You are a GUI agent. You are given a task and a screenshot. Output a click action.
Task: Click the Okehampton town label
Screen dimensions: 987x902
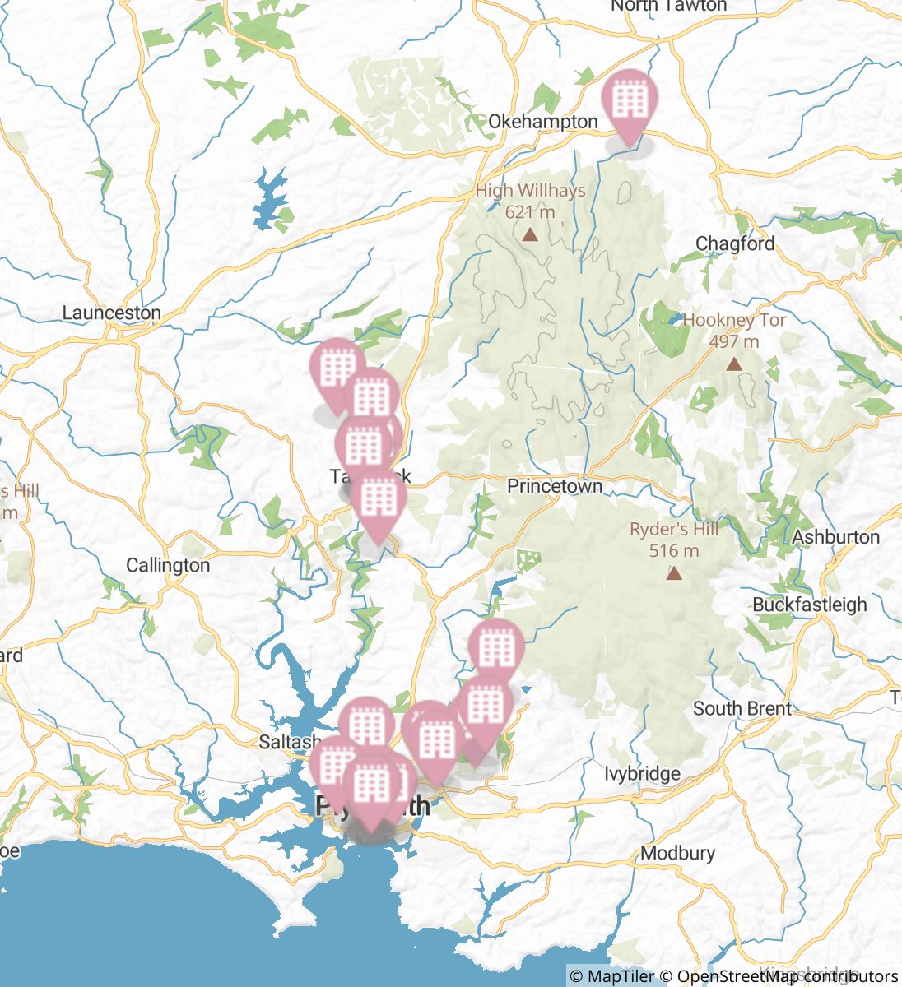pyautogui.click(x=542, y=122)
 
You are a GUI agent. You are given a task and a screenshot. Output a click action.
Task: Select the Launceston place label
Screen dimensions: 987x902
pyautogui.click(x=111, y=313)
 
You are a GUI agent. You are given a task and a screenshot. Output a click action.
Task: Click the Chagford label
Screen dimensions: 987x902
pyautogui.click(x=735, y=243)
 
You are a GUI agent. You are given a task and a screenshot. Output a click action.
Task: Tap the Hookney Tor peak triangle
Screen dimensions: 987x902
pyautogui.click(x=734, y=364)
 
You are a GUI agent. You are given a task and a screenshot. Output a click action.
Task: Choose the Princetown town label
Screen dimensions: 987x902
pyautogui.click(x=554, y=486)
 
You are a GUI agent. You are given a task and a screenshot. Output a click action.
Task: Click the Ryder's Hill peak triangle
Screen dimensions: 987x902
pyautogui.click(x=674, y=572)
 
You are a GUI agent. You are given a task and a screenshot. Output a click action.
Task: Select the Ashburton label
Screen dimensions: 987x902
pyautogui.click(x=835, y=537)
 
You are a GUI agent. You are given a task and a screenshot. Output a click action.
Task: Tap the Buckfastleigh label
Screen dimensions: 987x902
pyautogui.click(x=809, y=605)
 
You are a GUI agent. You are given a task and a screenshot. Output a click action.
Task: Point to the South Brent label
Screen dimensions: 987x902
pyautogui.click(x=742, y=708)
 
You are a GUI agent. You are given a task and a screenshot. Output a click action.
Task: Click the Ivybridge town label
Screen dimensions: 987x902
pyautogui.click(x=642, y=773)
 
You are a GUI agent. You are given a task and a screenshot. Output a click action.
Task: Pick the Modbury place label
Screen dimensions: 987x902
pyautogui.click(x=677, y=853)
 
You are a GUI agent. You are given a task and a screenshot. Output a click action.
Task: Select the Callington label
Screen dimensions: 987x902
pyautogui.click(x=168, y=565)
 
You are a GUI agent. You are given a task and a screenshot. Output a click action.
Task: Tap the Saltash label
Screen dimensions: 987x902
pyautogui.click(x=285, y=742)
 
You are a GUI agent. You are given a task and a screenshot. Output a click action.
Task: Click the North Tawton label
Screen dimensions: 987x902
pyautogui.click(x=668, y=7)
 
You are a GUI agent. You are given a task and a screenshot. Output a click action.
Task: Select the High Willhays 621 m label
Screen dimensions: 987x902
pyautogui.click(x=531, y=201)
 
